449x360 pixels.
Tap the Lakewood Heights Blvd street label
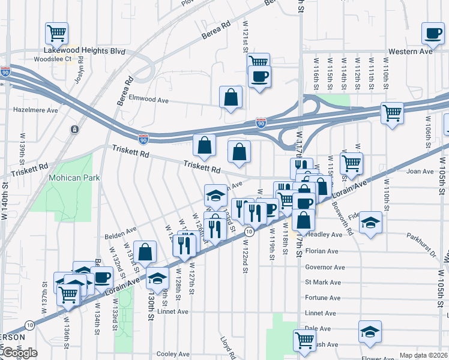84,52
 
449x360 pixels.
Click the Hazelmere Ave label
35,110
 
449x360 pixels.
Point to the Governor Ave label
325,267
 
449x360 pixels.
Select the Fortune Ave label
322,298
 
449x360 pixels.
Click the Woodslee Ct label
53,59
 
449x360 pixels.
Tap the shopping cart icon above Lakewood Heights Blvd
56,33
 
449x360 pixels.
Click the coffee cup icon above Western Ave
432,33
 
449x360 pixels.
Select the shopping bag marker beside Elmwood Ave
231,97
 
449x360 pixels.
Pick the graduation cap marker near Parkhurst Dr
371,223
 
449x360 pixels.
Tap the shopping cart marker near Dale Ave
305,340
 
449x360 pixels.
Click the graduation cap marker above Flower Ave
370,331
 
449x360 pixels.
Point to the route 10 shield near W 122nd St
248,232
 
